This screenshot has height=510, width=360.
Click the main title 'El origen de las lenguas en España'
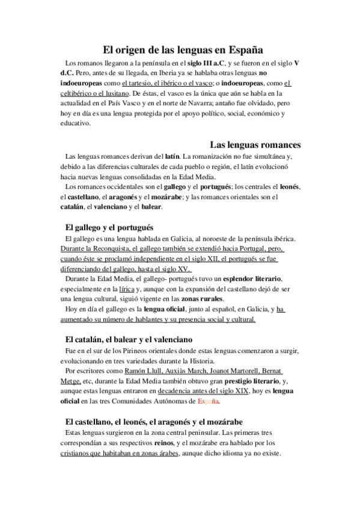pyautogui.click(x=180, y=51)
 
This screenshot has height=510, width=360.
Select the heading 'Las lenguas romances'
pyautogui.click(x=255, y=145)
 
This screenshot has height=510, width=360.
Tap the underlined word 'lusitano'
pyautogui.click(x=114, y=94)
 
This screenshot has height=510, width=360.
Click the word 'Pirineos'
pyautogui.click(x=139, y=351)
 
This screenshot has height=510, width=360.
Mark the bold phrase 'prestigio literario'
pyautogui.click(x=245, y=381)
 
